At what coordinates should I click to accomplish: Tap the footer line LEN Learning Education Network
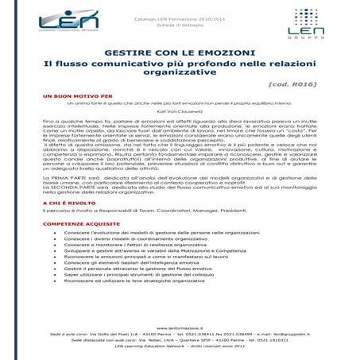pos(179,347)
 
